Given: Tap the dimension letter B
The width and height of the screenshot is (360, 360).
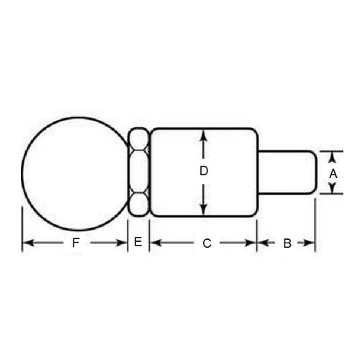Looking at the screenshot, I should tap(287, 243).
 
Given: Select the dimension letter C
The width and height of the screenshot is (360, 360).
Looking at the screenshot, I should tap(206, 243).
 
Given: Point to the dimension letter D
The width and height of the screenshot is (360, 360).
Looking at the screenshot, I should tap(204, 172).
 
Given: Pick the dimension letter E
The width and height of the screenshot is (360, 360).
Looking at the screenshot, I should tap(138, 243).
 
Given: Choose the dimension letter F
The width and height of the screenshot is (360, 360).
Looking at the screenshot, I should tap(76, 243).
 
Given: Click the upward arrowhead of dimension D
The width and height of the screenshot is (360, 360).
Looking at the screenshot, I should tap(204, 134).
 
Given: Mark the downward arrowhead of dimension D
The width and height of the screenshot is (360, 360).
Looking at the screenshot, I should tap(204, 212).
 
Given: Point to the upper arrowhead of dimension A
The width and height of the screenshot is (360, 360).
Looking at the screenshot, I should tap(333, 155).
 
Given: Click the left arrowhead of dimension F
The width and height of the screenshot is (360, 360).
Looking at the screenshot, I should tap(26, 243).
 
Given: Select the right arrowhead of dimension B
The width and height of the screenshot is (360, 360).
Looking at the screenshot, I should tap(312, 243).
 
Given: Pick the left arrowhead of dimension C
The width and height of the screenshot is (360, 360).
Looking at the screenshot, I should tap(153, 243).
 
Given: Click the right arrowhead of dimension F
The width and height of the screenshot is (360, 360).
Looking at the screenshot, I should tap(123, 243).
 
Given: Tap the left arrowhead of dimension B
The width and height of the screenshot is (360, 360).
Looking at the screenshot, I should tap(262, 243).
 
